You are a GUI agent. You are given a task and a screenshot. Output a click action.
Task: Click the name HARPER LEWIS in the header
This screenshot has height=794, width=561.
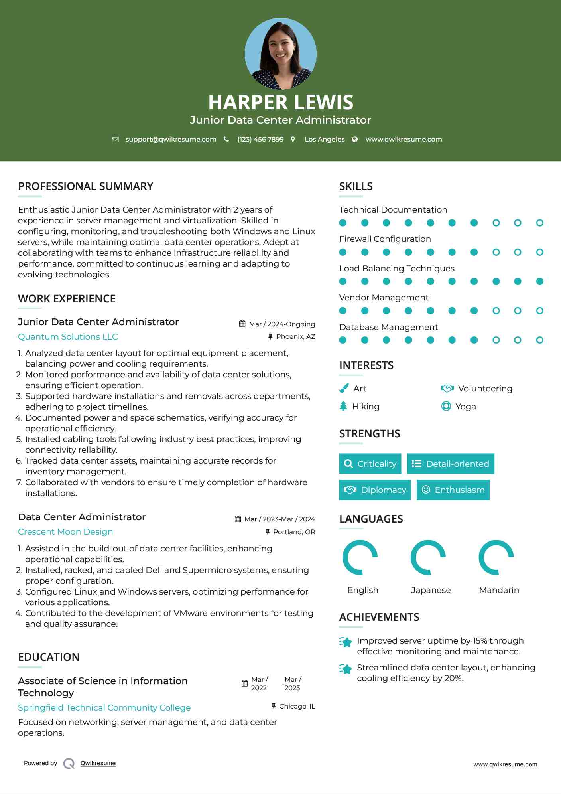pos(280,102)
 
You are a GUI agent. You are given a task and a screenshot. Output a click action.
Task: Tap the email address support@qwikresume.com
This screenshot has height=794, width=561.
pos(171,139)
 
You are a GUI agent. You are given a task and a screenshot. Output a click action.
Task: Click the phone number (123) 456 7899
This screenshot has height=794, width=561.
pos(260,139)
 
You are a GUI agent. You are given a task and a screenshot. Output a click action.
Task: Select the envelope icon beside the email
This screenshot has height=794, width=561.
pos(115,139)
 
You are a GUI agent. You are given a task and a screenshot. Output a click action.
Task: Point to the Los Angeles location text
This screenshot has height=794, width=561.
pos(324,139)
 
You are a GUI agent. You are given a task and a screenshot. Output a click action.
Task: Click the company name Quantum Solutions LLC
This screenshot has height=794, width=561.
pos(68,336)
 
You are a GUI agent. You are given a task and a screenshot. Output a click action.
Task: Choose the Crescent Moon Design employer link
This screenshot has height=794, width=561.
pos(65,531)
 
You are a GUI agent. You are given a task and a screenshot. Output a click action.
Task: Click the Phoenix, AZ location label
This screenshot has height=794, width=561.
pos(295,336)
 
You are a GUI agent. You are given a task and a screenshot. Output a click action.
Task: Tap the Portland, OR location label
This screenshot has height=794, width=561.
pos(294,532)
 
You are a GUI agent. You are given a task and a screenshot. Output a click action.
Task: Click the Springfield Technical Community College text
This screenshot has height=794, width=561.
pos(104,707)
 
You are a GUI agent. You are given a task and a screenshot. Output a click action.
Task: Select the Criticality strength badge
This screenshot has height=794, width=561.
pos(370,464)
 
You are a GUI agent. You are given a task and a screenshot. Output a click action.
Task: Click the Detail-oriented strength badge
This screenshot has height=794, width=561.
pos(451,464)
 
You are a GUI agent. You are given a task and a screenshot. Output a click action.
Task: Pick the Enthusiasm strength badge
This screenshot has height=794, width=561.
pos(453,490)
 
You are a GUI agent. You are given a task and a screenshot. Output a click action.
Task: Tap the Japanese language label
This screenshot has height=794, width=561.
pos(431,590)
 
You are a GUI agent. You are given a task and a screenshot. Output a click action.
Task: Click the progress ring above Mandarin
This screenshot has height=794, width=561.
pos(496,557)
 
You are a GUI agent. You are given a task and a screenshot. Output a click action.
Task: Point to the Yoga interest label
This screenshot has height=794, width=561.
pos(465,406)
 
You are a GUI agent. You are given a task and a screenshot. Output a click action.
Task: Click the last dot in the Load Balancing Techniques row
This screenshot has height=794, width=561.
pos(539,281)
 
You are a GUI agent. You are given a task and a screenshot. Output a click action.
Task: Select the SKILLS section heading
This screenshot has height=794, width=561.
pos(356,186)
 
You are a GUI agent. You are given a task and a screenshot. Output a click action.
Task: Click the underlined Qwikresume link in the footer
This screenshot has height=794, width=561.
pos(98,763)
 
